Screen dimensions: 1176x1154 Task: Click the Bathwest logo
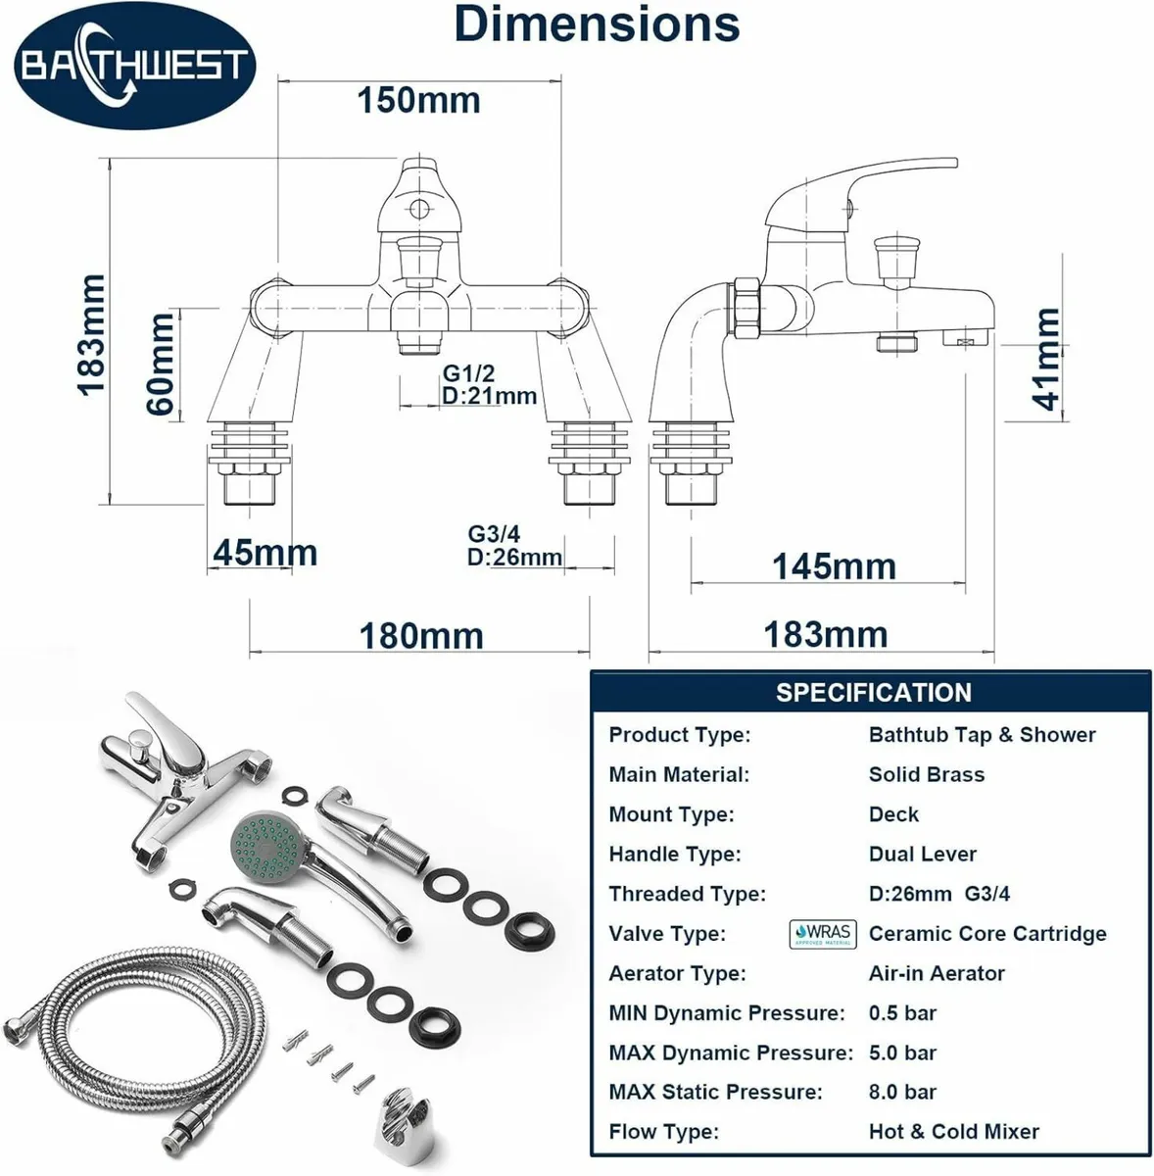click(134, 67)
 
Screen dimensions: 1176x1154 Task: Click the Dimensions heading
click(597, 24)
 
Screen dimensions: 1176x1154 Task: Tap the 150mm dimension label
click(418, 100)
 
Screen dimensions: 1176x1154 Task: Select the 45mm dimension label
click(264, 553)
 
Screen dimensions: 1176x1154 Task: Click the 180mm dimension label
click(421, 636)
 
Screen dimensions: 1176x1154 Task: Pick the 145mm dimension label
click(834, 566)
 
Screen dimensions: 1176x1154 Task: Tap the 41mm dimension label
click(1046, 360)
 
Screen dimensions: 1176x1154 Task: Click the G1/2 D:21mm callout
click(489, 385)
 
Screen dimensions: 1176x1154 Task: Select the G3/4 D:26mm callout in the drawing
click(514, 546)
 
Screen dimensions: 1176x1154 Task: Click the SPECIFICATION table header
click(873, 693)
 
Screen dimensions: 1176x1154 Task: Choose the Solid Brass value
click(926, 774)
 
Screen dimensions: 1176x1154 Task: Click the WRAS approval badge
click(823, 934)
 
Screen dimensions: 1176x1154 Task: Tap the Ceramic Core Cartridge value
click(986, 934)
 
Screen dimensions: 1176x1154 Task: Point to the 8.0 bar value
click(902, 1092)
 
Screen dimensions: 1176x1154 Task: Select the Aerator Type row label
click(677, 973)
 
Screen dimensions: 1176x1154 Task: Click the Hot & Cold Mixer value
click(953, 1131)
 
